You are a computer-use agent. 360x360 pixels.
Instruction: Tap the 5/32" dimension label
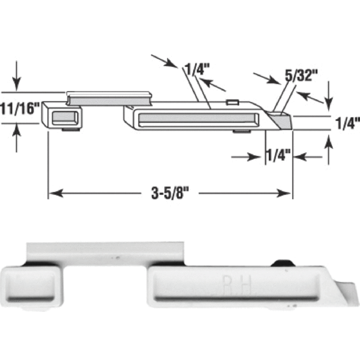pos(299,76)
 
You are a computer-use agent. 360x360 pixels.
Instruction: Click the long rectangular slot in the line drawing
pos(197,117)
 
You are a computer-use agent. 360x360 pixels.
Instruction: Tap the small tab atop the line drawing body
pos(233,102)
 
